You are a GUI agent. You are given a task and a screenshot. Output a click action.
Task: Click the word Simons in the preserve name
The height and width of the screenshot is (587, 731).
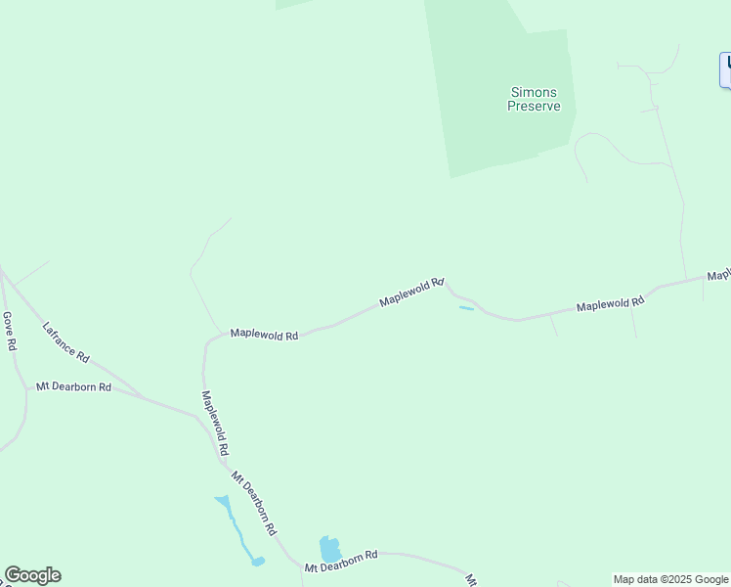(x=534, y=93)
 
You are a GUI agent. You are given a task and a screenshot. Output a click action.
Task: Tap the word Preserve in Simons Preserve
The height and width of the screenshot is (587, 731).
(x=534, y=106)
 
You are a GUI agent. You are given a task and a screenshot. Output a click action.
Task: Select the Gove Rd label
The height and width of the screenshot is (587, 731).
(x=9, y=332)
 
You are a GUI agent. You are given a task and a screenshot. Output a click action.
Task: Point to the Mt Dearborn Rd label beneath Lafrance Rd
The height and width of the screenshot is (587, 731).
(x=74, y=387)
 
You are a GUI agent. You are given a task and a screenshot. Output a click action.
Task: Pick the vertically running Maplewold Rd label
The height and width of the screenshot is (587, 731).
(x=215, y=423)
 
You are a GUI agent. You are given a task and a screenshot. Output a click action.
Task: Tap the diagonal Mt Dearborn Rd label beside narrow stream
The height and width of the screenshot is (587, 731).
(x=253, y=503)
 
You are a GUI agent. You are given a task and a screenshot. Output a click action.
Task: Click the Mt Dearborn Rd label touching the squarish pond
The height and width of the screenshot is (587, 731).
(x=340, y=562)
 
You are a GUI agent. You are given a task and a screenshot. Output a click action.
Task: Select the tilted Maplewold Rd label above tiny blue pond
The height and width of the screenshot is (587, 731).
(x=411, y=291)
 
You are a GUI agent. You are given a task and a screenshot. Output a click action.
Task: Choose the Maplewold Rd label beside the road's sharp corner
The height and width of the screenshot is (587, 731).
(x=264, y=335)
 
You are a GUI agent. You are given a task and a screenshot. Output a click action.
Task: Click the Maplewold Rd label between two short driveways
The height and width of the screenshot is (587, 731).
(x=610, y=304)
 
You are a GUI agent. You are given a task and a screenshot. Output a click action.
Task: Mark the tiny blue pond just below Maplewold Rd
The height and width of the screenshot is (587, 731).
(x=466, y=309)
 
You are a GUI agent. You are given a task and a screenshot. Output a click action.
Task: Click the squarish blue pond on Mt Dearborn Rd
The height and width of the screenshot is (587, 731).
(x=329, y=549)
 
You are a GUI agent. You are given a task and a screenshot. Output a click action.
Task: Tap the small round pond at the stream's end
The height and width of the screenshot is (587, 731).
(x=258, y=562)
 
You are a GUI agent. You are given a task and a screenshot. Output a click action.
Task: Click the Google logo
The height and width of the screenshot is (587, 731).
(x=32, y=575)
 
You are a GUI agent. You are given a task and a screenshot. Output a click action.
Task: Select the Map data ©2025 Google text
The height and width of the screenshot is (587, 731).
(x=671, y=579)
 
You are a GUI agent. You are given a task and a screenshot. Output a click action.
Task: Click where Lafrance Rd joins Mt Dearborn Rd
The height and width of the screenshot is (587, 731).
(x=143, y=397)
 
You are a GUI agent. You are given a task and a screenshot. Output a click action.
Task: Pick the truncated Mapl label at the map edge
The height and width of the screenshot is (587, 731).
(x=718, y=275)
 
